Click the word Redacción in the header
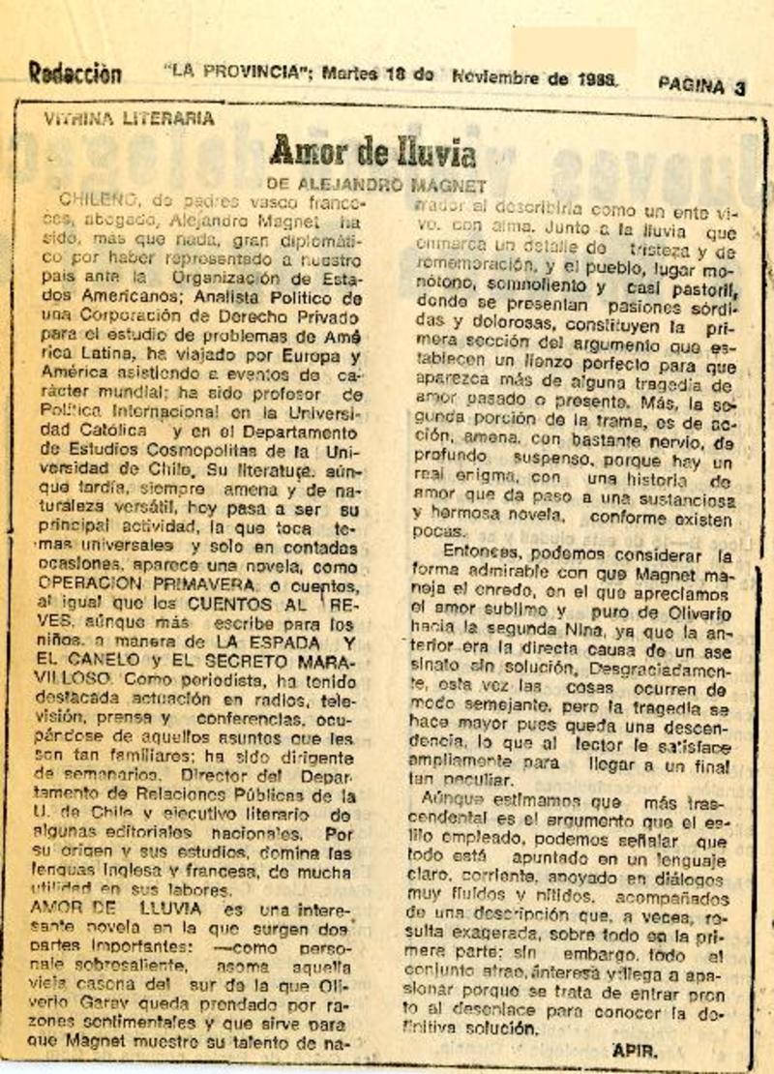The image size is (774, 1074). (x=74, y=73)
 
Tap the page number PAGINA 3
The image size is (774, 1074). (x=701, y=86)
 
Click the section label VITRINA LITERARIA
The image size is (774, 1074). (x=129, y=119)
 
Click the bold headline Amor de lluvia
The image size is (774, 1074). (x=372, y=152)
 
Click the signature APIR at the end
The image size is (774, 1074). (x=634, y=1049)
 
